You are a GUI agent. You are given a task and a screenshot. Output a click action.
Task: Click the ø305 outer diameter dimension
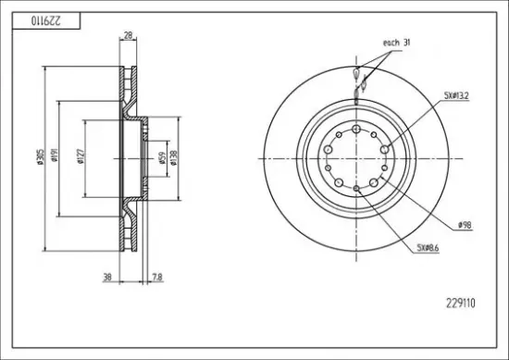pos(40,156)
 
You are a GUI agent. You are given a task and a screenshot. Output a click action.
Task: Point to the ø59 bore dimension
pos(163,158)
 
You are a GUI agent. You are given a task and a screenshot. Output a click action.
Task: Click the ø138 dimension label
pos(173,157)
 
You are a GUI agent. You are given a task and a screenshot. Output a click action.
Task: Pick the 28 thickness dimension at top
pos(129,35)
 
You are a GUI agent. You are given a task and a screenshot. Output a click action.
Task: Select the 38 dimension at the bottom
pos(107,278)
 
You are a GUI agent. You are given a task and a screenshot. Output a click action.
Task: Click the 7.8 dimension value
pos(157,278)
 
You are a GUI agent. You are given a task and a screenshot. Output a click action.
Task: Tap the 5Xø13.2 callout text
pos(456,95)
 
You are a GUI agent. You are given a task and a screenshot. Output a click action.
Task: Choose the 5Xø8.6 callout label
pos(428,248)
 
